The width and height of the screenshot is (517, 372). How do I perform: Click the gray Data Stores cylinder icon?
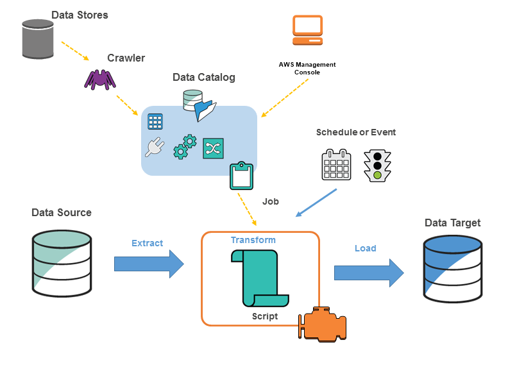pos(37,40)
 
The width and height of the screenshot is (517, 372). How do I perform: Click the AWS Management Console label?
pos(307,69)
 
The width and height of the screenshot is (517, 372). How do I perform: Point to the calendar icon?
pos(336,165)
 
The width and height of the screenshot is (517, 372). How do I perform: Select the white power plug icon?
pos(154,148)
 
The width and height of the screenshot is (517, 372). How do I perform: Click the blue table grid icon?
pos(155,122)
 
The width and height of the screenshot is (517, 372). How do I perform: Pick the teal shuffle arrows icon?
pos(213,148)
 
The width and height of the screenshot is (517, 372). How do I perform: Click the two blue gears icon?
pos(185,146)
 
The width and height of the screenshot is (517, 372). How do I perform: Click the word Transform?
pos(253,240)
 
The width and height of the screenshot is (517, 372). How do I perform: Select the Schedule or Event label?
pos(356,132)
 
